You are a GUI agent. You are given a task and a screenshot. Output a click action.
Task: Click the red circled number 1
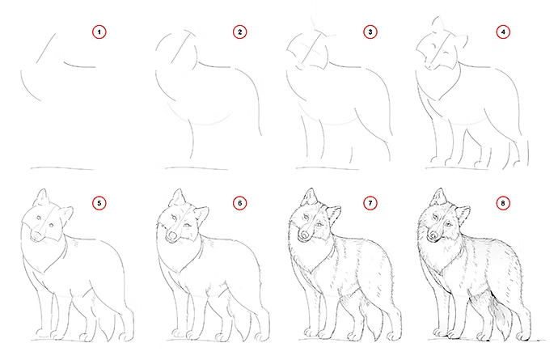99,32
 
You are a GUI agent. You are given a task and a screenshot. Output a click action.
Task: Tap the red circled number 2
240,32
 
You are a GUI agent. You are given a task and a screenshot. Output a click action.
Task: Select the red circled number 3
370,32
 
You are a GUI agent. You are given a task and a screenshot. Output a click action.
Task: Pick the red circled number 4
503,32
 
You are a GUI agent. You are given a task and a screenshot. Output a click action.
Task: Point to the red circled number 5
99,203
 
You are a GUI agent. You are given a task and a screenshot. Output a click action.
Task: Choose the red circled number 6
240,203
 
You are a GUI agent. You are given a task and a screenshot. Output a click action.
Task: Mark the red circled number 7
370,203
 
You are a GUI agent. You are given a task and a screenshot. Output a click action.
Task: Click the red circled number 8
503,203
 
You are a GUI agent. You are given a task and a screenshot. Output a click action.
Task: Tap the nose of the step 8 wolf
433,235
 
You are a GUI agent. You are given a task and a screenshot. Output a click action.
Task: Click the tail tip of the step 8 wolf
505,338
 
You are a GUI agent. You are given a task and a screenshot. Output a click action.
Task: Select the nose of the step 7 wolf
303,235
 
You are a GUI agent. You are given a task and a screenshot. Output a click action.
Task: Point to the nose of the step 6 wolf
172,235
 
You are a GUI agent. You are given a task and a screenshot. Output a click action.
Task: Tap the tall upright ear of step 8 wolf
440,197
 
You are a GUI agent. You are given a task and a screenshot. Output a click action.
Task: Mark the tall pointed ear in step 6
178,197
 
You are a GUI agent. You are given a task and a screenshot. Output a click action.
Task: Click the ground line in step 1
62,168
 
